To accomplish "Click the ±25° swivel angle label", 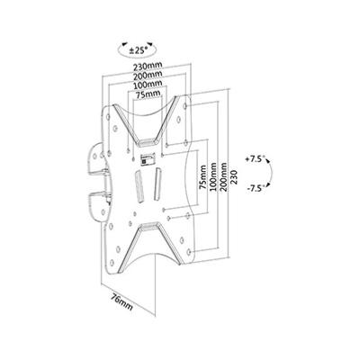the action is (x=136, y=50).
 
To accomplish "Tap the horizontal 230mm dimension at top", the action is (x=148, y=65).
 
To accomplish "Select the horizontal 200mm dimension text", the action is (x=148, y=74).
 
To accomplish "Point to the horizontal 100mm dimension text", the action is (x=148, y=83).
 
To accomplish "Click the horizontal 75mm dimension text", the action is (x=148, y=94).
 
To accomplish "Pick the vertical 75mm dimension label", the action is (x=203, y=177).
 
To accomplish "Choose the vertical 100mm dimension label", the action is (x=213, y=177).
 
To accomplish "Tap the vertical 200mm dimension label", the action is (x=223, y=177).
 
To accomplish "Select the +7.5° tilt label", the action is (x=255, y=159).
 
